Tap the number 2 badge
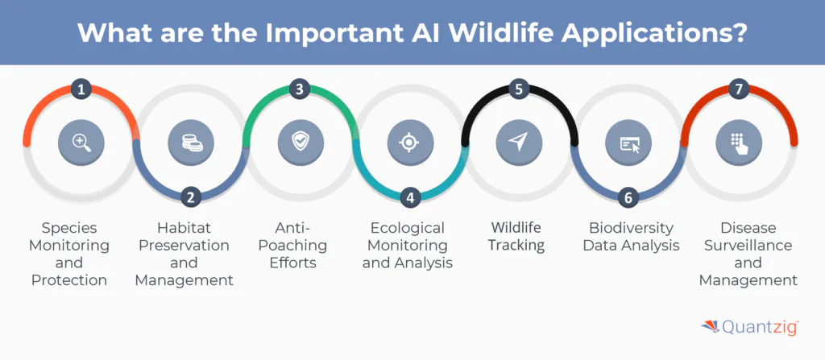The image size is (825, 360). point(190,196)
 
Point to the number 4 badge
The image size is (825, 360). point(410,196)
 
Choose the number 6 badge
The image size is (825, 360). point(629,196)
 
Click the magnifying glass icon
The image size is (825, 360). point(81,143)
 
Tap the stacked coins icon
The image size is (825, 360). point(190,143)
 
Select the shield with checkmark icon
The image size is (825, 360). point(300,143)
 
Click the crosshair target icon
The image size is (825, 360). point(410,143)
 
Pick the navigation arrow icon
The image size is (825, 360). point(520,143)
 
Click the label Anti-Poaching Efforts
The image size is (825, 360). point(300,244)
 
